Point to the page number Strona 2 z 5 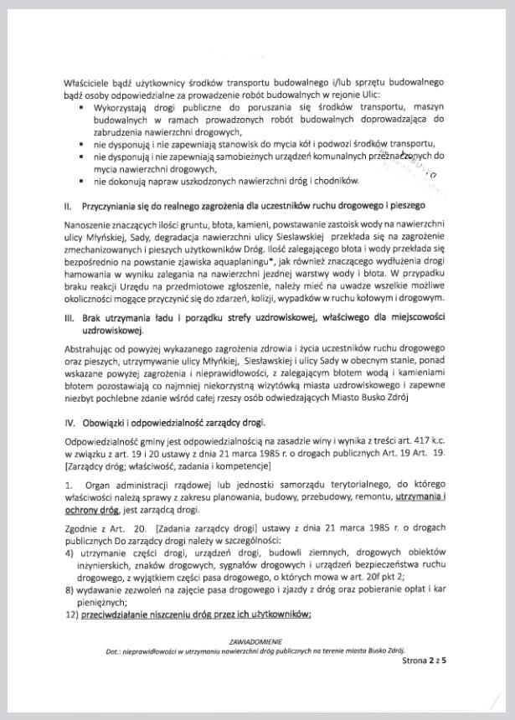(x=425, y=660)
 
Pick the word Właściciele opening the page (x=89, y=83)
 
